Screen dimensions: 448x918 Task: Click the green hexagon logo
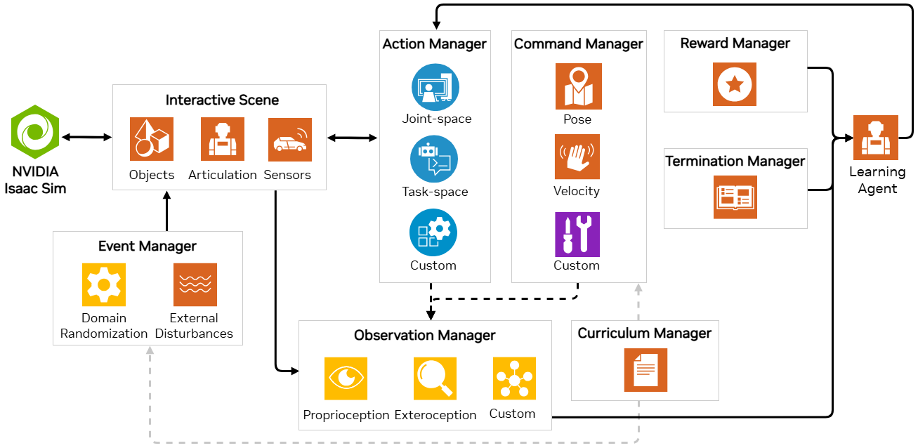click(x=35, y=132)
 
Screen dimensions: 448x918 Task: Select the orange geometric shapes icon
click(x=152, y=139)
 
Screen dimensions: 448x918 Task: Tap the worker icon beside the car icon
click(x=223, y=139)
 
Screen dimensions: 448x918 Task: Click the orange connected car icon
click(x=290, y=140)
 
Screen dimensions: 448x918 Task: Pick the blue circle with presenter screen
click(x=435, y=87)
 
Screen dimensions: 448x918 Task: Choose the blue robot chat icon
click(x=434, y=159)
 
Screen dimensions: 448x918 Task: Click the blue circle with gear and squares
click(x=433, y=232)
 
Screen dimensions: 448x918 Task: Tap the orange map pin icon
click(x=579, y=86)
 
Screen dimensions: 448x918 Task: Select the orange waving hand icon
click(x=577, y=157)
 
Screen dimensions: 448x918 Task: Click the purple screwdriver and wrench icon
click(x=577, y=235)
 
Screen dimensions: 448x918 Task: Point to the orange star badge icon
click(x=735, y=84)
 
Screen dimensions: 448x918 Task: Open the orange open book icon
click(x=735, y=197)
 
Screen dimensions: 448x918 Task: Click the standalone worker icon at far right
click(x=876, y=138)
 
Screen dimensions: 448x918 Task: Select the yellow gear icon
click(x=104, y=284)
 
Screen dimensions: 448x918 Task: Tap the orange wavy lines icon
click(x=195, y=284)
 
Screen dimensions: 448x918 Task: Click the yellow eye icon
click(x=346, y=378)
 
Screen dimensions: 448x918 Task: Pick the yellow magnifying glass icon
click(x=435, y=378)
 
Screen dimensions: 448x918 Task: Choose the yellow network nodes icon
click(x=515, y=378)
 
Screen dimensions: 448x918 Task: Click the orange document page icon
click(x=645, y=370)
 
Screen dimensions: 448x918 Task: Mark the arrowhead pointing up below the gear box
click(x=150, y=350)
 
